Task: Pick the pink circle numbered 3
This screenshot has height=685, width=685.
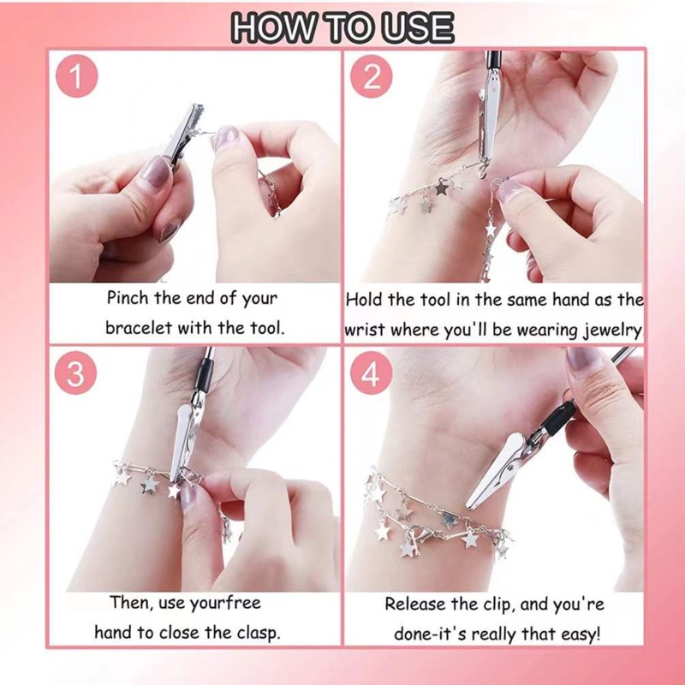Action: coord(76,374)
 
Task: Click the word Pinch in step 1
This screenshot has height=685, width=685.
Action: coord(126,299)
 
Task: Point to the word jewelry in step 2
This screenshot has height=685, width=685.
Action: coord(612,330)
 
